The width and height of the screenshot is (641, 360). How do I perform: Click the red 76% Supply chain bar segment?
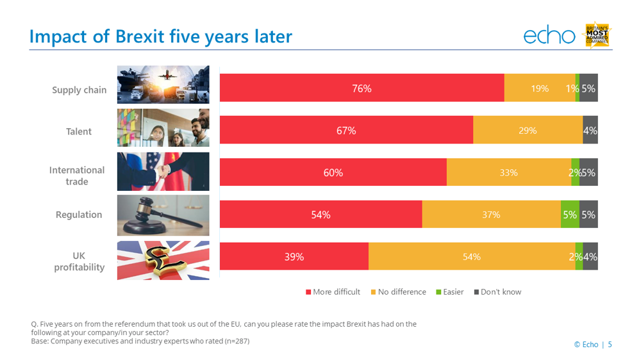click(x=362, y=88)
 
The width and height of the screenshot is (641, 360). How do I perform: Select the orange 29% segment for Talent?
click(x=528, y=131)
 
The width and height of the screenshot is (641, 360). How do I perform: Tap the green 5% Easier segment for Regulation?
click(x=569, y=215)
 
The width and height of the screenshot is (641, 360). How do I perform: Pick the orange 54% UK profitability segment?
click(x=471, y=257)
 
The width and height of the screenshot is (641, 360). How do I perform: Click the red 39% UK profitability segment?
click(x=294, y=257)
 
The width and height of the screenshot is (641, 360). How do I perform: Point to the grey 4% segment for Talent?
click(x=590, y=131)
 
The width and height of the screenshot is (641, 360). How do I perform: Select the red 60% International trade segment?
click(x=333, y=172)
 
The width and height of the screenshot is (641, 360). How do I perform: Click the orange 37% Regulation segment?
click(x=491, y=215)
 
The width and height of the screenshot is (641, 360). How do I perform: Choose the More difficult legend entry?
click(x=333, y=292)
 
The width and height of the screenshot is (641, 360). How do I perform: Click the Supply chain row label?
click(x=79, y=90)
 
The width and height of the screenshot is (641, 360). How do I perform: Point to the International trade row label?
click(x=77, y=176)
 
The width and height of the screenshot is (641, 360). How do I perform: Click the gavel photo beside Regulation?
click(x=163, y=215)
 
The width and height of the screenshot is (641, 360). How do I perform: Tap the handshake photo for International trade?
click(x=163, y=172)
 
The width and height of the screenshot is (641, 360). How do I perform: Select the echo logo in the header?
click(x=549, y=36)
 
